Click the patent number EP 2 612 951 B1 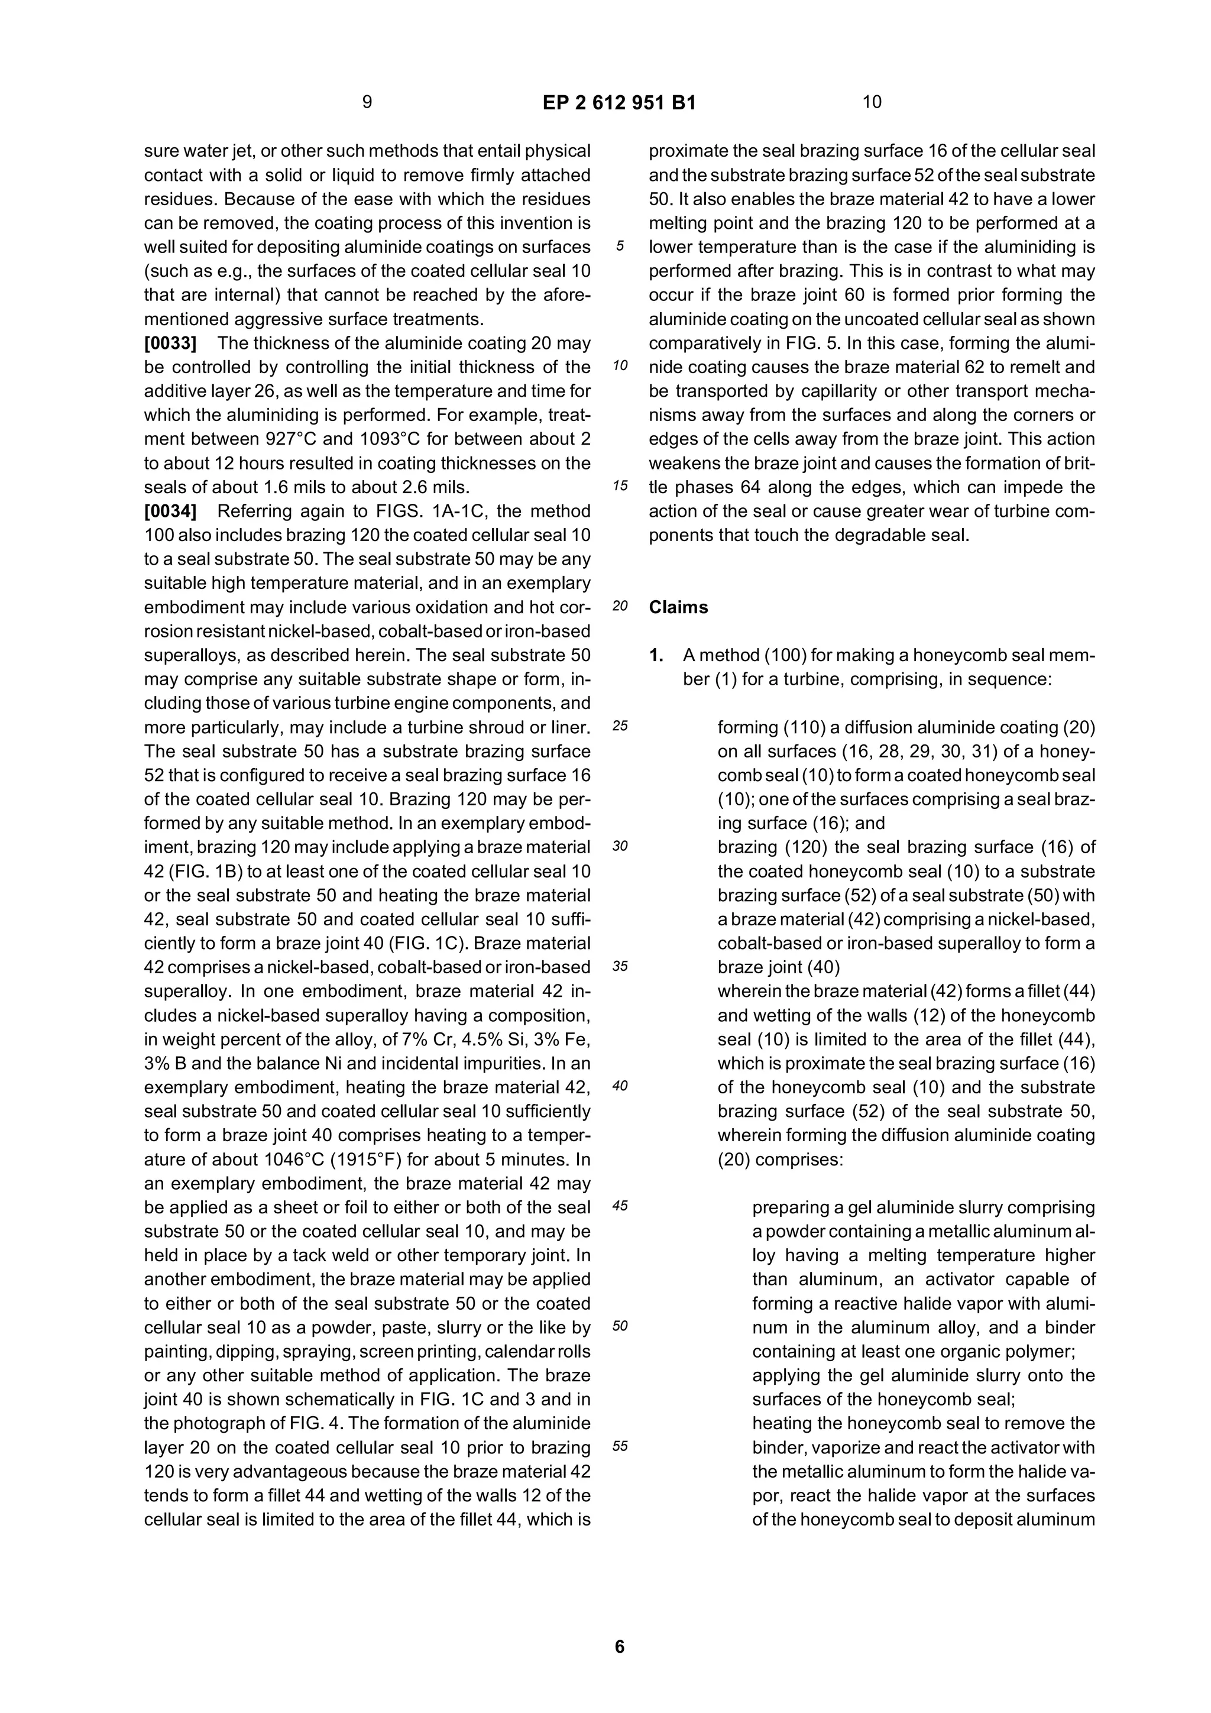click(x=619, y=103)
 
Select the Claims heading click(x=678, y=607)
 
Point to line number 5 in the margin click(x=619, y=247)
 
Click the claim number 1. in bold click(x=656, y=656)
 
